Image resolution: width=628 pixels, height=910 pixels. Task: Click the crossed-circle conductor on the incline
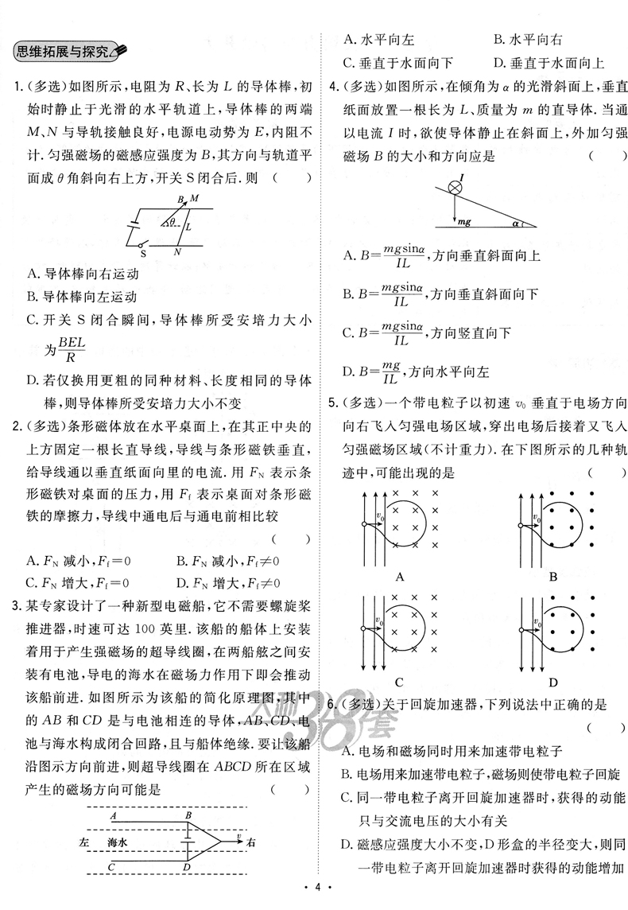pos(456,189)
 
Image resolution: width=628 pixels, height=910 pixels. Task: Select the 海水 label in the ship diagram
pos(118,841)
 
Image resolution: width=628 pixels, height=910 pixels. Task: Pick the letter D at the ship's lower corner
pos(186,867)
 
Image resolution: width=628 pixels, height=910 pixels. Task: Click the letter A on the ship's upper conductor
pos(115,816)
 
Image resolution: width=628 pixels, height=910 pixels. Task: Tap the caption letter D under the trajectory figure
pos(553,682)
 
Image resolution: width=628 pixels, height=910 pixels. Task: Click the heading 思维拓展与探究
pos(68,52)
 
